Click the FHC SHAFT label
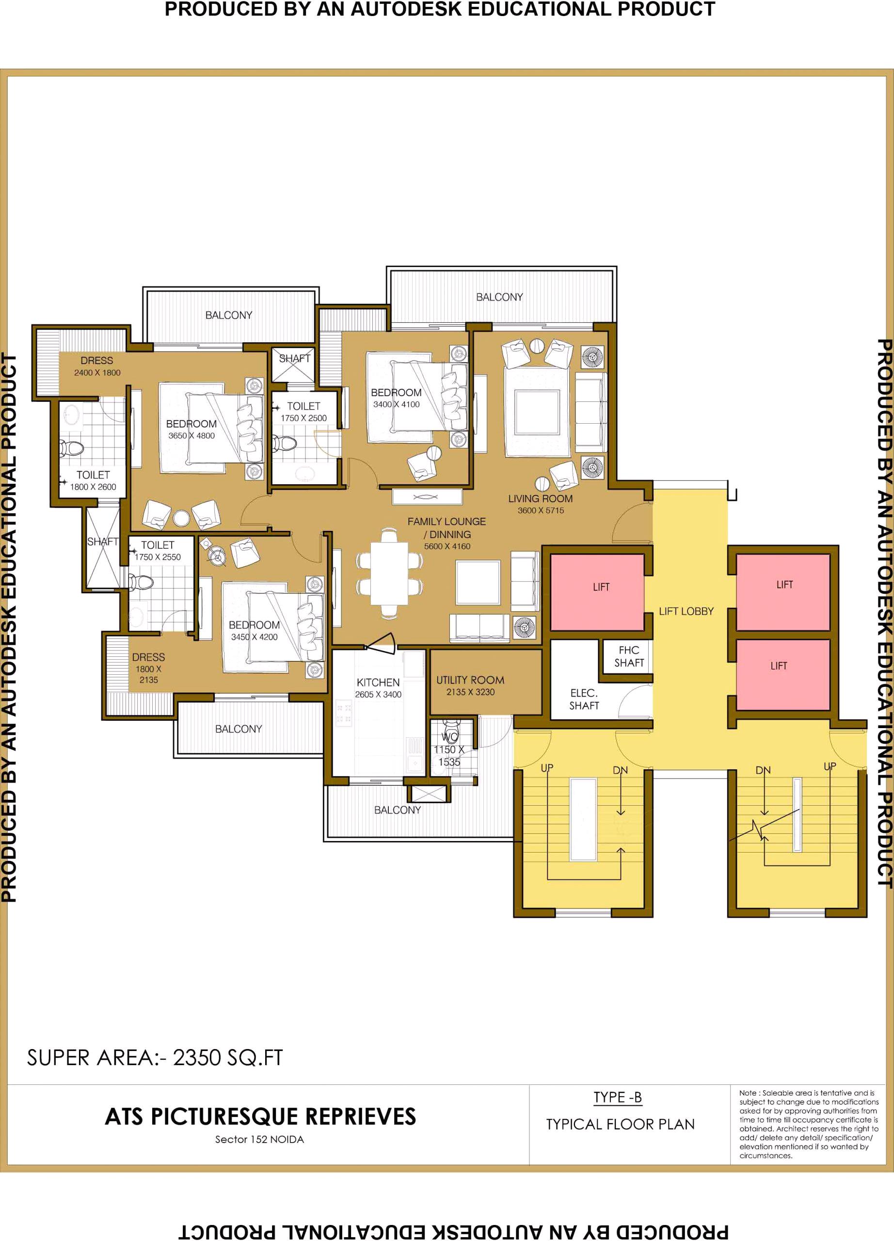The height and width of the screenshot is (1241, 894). pyautogui.click(x=629, y=656)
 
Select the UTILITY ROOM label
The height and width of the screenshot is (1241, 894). pyautogui.click(x=470, y=680)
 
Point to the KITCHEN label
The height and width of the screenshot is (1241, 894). pyautogui.click(x=378, y=683)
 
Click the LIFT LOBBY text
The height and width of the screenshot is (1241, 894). pyautogui.click(x=686, y=611)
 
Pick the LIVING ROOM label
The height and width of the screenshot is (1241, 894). pyautogui.click(x=540, y=498)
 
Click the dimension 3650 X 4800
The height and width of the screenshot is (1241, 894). pyautogui.click(x=192, y=435)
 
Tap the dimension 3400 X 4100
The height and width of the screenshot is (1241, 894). pyautogui.click(x=396, y=404)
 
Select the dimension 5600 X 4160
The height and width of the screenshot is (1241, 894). pyautogui.click(x=447, y=546)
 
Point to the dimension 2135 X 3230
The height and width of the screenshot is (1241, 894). pyautogui.click(x=470, y=692)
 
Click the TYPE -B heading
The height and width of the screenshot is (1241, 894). pyautogui.click(x=618, y=1097)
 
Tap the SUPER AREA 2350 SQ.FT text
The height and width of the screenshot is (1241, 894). pyautogui.click(x=155, y=1058)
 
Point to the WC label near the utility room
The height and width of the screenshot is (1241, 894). pyautogui.click(x=450, y=737)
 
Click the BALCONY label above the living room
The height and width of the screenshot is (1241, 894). pyautogui.click(x=499, y=297)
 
